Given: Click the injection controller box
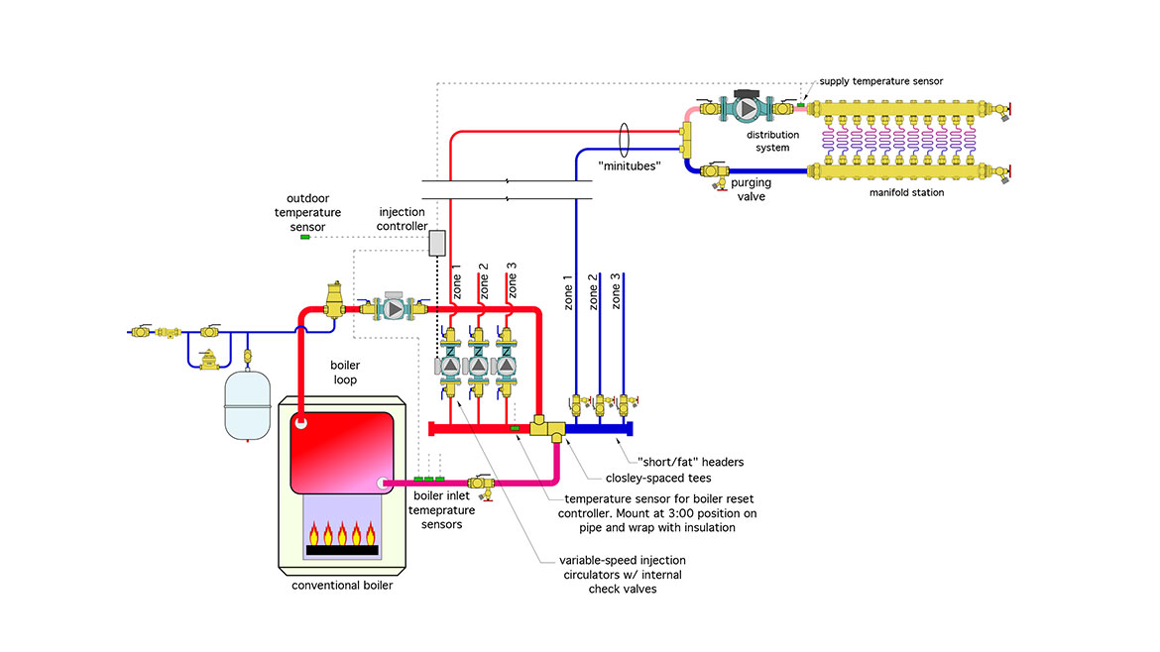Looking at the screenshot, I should pyautogui.click(x=437, y=243).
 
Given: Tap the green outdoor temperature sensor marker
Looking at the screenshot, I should pyautogui.click(x=305, y=237).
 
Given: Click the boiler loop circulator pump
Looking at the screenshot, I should pyautogui.click(x=394, y=309).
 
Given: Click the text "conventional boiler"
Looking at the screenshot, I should pyautogui.click(x=342, y=586).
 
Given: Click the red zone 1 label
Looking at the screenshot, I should pyautogui.click(x=457, y=281).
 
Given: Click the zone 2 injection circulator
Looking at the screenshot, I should pyautogui.click(x=477, y=366).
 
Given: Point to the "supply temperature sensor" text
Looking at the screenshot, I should pyautogui.click(x=880, y=80).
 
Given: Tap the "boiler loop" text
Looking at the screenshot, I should pyautogui.click(x=344, y=372).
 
